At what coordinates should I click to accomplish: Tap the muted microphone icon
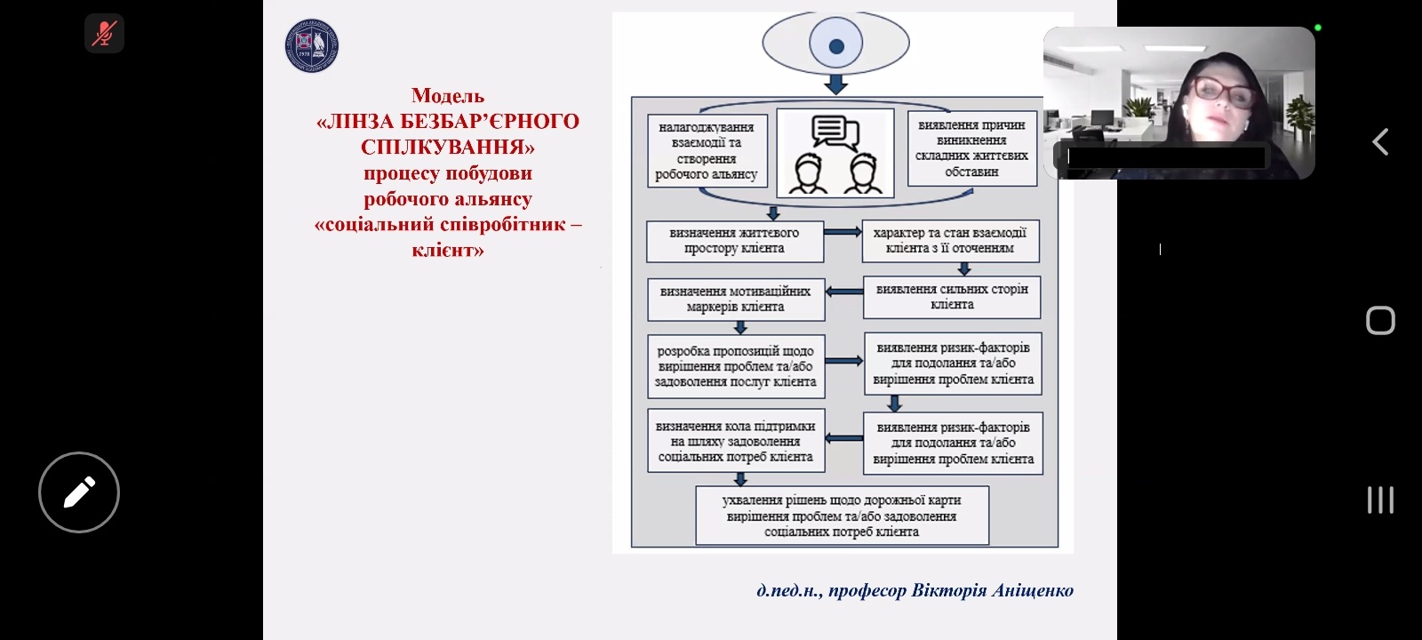104,35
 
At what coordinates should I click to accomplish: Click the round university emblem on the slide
311,45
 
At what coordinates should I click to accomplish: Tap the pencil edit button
79,492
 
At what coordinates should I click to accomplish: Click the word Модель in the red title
448,96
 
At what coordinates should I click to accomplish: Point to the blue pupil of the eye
835,46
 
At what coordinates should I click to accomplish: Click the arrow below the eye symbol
835,84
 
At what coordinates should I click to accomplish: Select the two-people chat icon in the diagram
835,153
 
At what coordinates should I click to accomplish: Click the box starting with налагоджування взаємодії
706,151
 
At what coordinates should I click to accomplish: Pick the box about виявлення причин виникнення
971,148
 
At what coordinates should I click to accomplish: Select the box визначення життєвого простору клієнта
734,241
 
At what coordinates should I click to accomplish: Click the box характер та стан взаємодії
949,241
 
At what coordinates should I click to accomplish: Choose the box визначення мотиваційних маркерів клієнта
735,300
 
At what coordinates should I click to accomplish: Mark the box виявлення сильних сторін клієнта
951,297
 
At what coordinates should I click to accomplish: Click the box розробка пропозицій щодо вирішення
735,366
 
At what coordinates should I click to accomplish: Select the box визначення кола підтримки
735,442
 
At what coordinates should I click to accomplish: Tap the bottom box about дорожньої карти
841,516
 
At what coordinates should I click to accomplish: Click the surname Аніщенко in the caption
1032,591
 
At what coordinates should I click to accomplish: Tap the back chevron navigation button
1380,142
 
